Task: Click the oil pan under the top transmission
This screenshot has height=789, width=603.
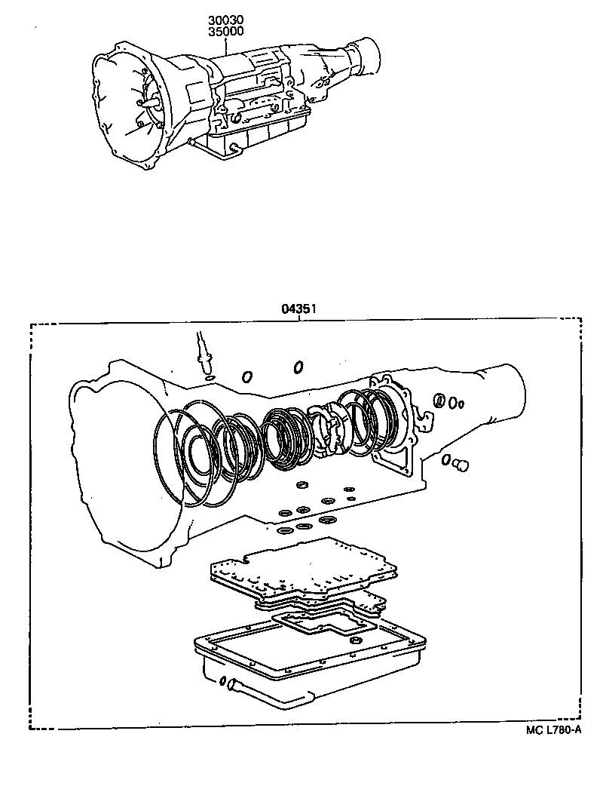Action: click(x=256, y=137)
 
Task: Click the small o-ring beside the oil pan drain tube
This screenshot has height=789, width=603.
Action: click(x=222, y=683)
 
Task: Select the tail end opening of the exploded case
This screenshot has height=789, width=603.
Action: click(x=513, y=391)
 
